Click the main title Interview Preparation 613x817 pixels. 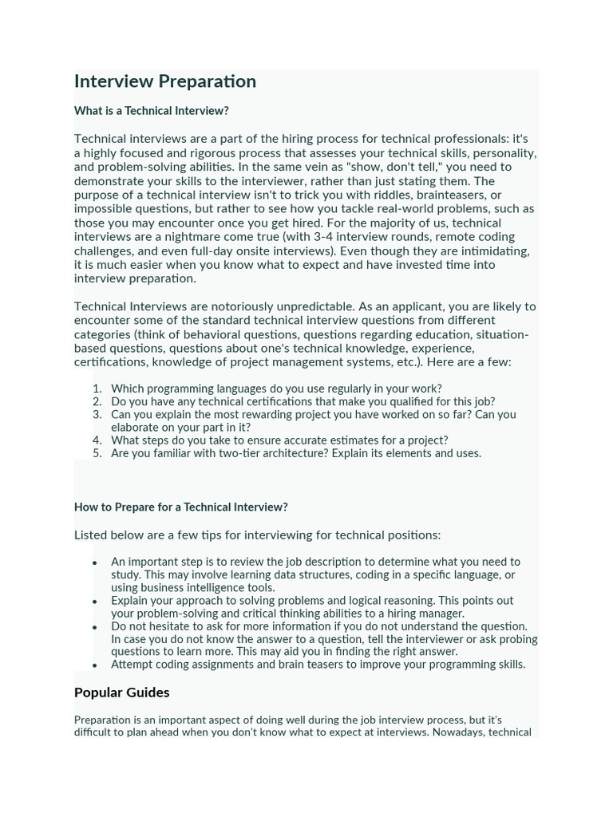click(165, 81)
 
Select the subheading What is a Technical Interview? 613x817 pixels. click(152, 111)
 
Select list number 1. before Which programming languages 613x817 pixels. click(97, 389)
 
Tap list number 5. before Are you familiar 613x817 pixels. click(97, 453)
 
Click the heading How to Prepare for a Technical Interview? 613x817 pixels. click(181, 507)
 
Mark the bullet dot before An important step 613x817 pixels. click(95, 562)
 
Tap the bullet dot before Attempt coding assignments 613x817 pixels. click(95, 665)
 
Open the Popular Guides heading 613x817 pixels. click(122, 692)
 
